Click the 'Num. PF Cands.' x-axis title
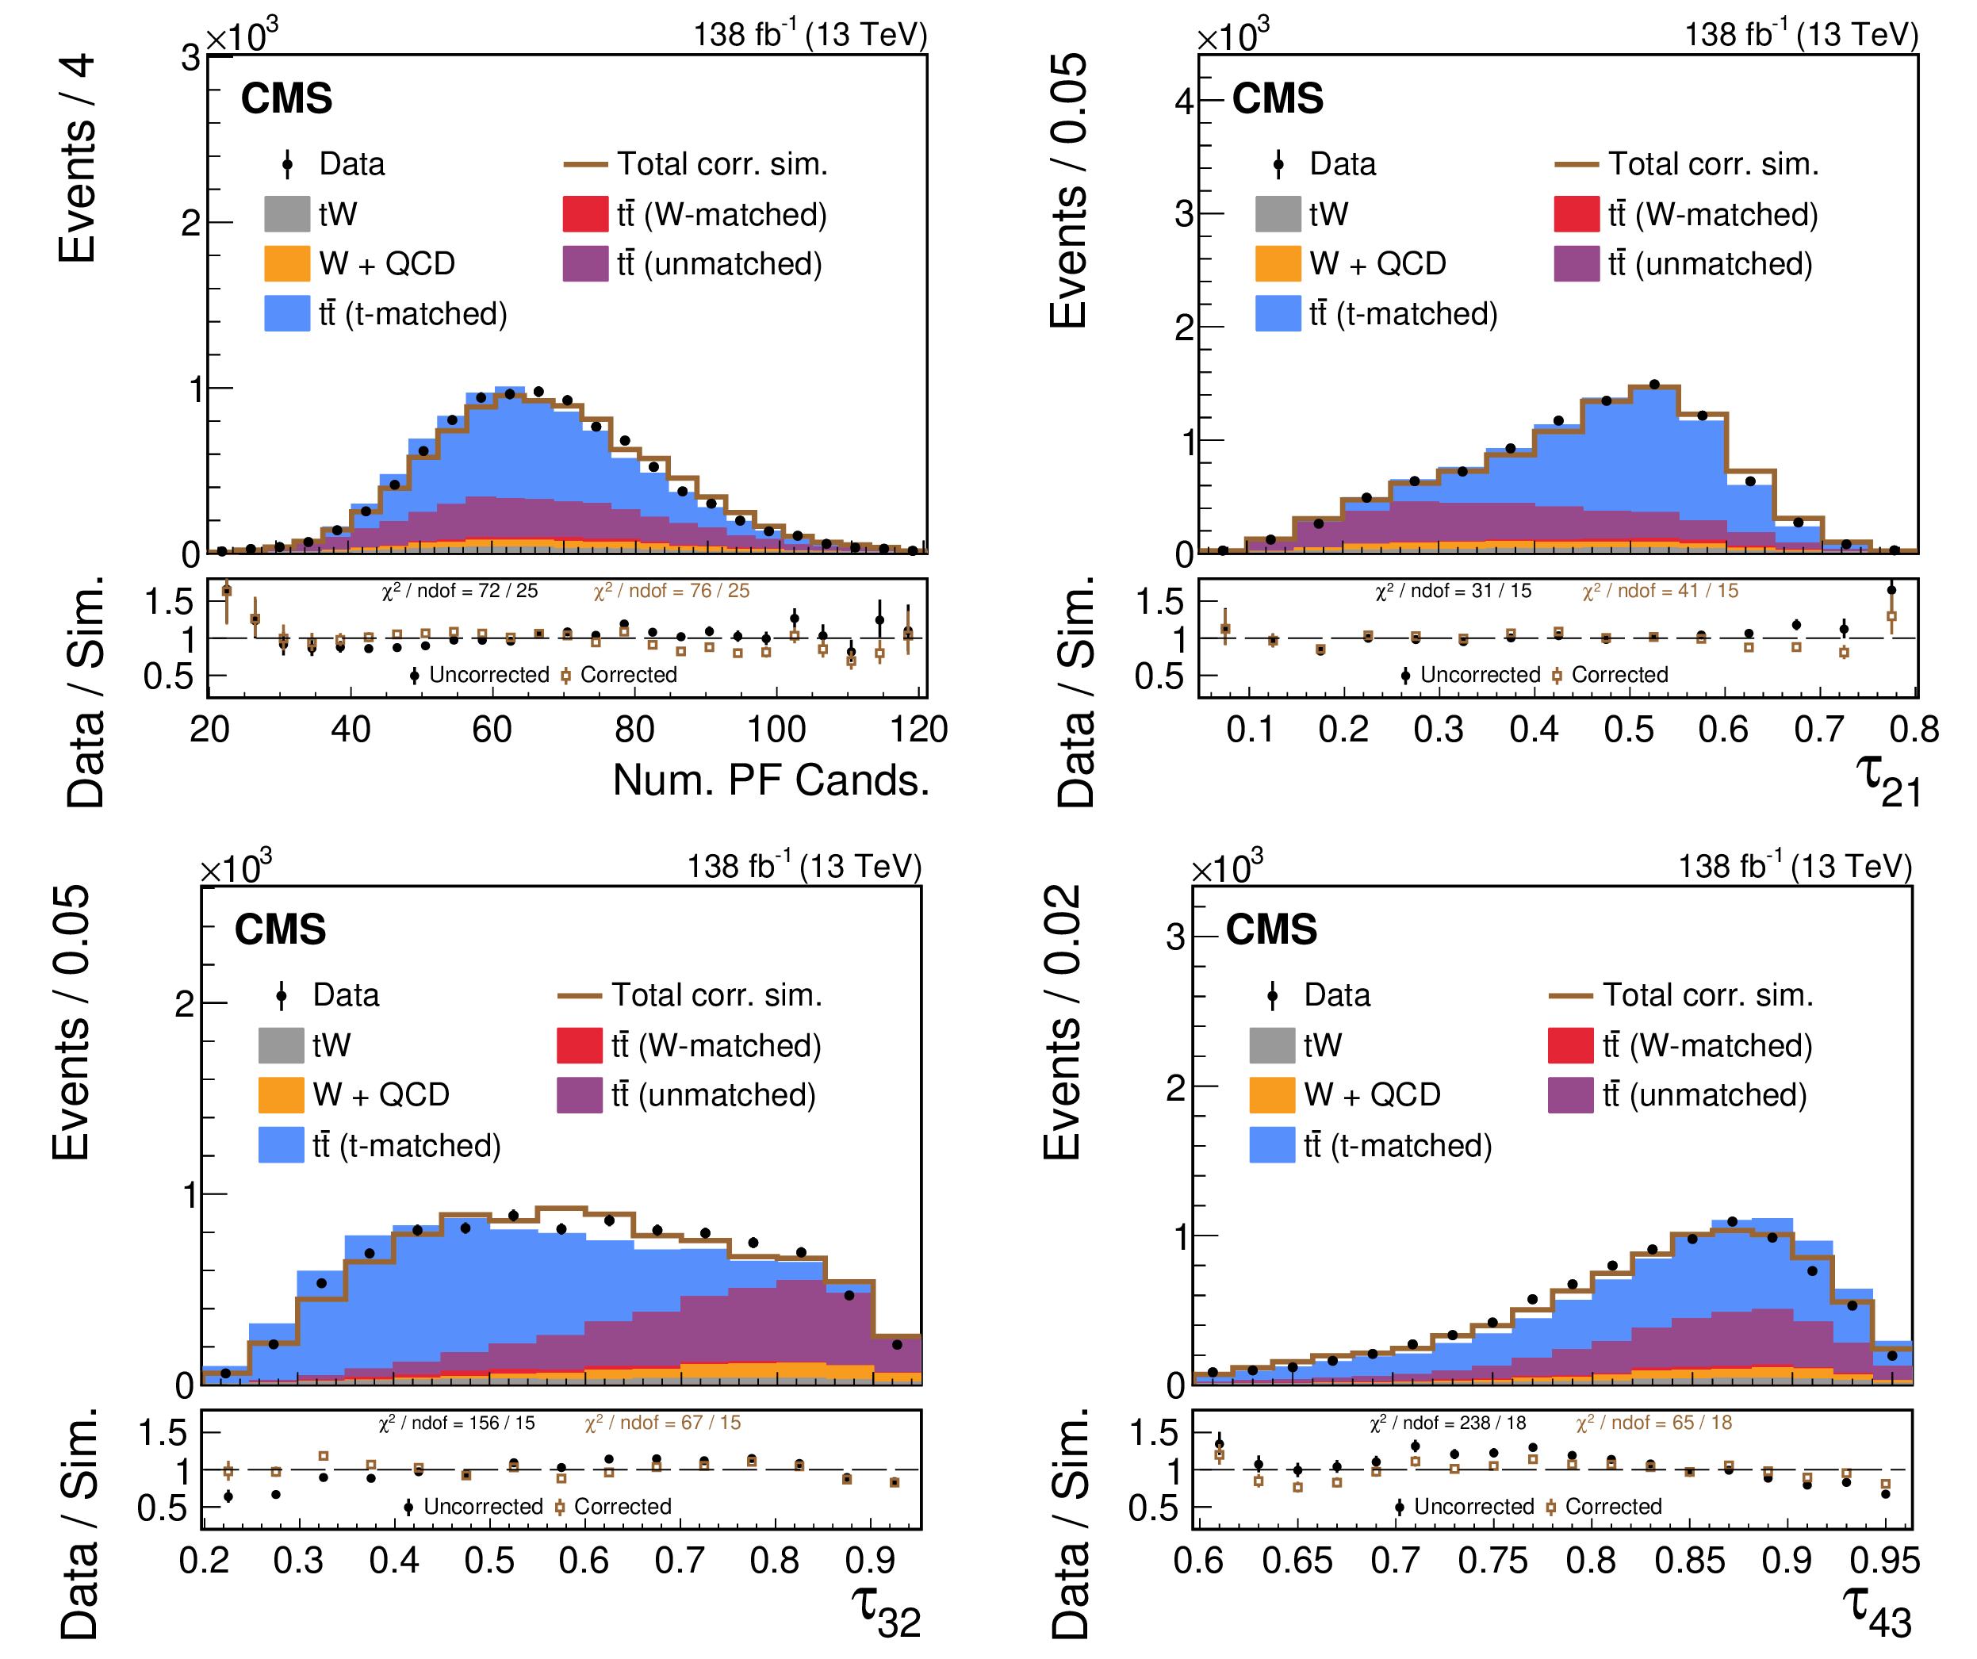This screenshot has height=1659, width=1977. click(x=770, y=780)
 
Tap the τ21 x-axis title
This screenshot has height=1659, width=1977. click(x=1887, y=780)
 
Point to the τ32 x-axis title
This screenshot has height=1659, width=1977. click(x=886, y=1612)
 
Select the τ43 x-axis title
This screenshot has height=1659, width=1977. click(x=1876, y=1612)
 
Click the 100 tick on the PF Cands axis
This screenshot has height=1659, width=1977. click(x=776, y=730)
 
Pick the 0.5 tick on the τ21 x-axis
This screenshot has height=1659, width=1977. click(x=1629, y=730)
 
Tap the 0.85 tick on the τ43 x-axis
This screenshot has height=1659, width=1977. click(x=1689, y=1561)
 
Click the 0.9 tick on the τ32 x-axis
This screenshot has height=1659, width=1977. click(x=869, y=1561)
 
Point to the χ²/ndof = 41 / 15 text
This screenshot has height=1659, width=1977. click(x=1660, y=592)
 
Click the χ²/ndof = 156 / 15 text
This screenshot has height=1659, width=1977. click(x=457, y=1423)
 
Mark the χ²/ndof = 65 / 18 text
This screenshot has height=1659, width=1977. click(x=1654, y=1423)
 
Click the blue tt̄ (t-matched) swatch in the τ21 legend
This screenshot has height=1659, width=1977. click(x=1278, y=313)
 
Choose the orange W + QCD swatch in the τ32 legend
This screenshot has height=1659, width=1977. click(x=281, y=1095)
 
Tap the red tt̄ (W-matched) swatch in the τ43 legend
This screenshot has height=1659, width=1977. click(x=1570, y=1045)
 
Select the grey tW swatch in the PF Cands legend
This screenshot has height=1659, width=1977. click(x=287, y=214)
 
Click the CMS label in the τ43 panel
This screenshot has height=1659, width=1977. click(x=1271, y=929)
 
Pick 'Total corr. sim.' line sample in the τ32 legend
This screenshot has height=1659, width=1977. click(x=579, y=995)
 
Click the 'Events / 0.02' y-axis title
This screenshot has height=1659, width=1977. click(x=1062, y=1021)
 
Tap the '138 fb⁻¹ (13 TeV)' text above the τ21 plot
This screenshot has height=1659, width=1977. click(x=1800, y=35)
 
